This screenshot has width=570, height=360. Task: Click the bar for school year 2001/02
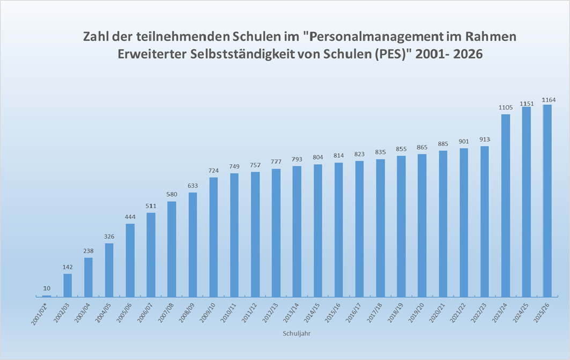(x=47, y=296)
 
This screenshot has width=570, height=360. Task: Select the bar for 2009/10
(x=213, y=237)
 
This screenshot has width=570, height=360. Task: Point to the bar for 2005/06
(x=130, y=260)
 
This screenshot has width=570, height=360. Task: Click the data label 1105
(x=506, y=108)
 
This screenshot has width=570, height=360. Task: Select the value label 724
(x=213, y=171)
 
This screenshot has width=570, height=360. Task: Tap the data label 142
(x=68, y=267)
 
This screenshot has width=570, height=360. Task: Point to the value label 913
(x=484, y=140)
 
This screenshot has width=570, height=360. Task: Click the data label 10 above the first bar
(x=47, y=289)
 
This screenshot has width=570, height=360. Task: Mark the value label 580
(x=172, y=195)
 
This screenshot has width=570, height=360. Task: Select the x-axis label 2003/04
(x=81, y=313)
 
